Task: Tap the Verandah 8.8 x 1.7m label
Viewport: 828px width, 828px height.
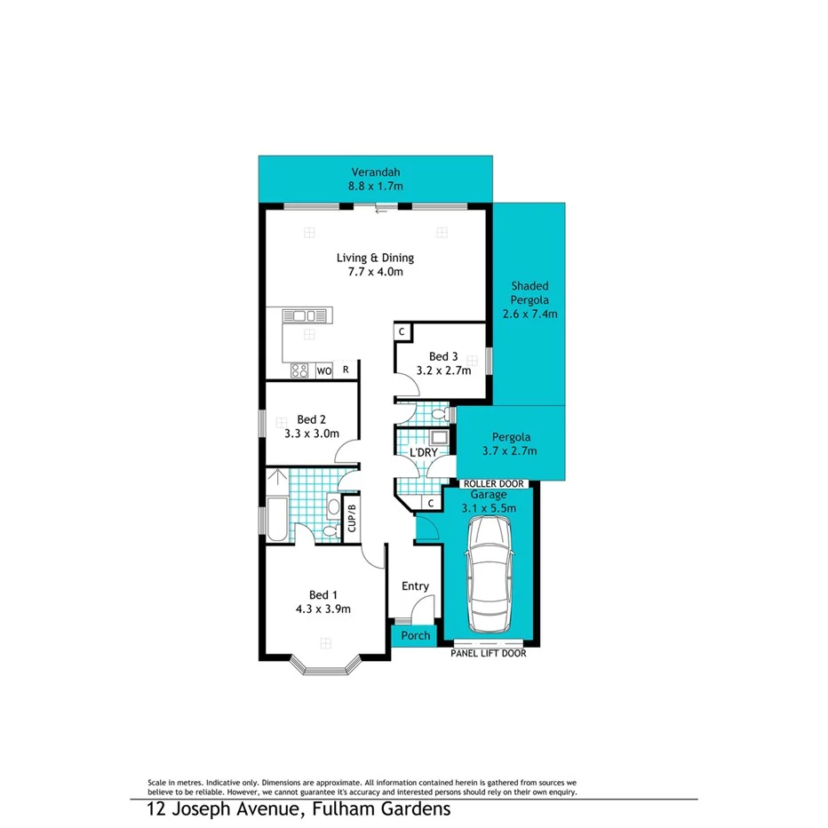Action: click(x=377, y=179)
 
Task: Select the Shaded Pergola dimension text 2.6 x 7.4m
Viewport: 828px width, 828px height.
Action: click(x=529, y=314)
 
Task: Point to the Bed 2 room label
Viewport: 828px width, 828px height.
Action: click(x=312, y=419)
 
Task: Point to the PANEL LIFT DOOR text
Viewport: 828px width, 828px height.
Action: click(x=490, y=653)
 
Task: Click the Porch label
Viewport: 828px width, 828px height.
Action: click(x=415, y=635)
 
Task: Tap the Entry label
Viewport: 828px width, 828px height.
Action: click(x=415, y=585)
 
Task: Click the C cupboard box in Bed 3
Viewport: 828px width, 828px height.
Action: click(x=402, y=331)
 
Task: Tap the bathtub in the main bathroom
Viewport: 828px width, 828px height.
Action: click(x=276, y=519)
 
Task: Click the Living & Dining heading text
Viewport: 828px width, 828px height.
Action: click(x=375, y=259)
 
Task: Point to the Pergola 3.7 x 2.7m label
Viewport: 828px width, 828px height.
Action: click(x=512, y=444)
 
